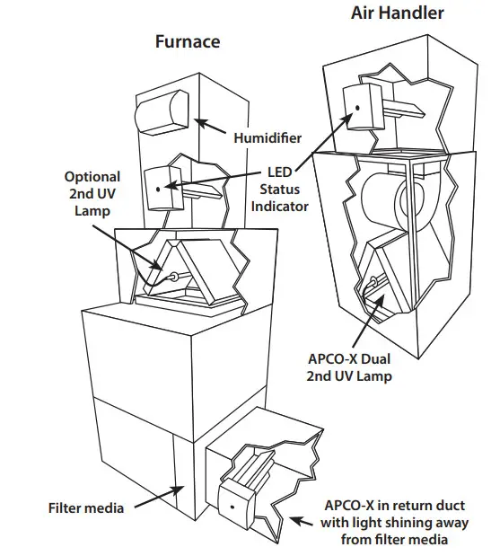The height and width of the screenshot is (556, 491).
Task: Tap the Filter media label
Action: click(86, 508)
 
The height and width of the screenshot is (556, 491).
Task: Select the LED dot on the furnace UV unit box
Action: click(158, 189)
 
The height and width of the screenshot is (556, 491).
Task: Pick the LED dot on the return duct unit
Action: click(232, 507)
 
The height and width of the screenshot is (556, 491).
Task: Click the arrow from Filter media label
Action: click(157, 497)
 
